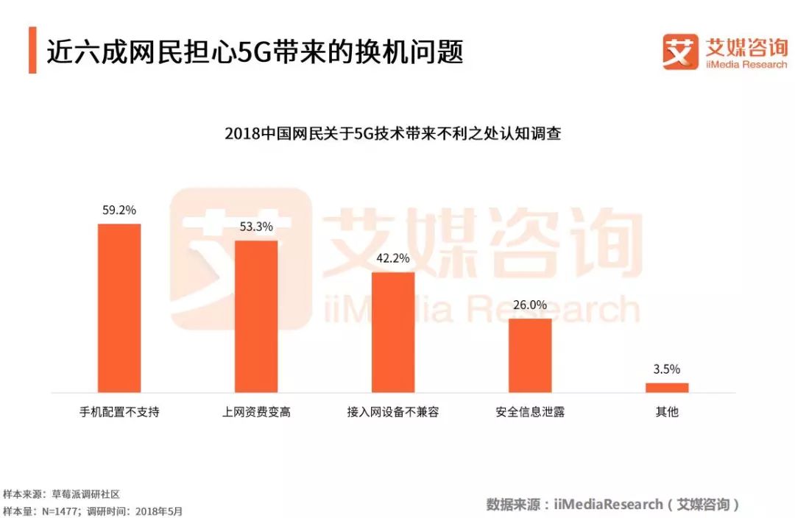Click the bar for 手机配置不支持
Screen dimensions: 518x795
pyautogui.click(x=119, y=308)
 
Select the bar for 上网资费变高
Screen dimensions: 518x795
pyautogui.click(x=256, y=316)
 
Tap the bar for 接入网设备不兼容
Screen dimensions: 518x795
pyautogui.click(x=393, y=332)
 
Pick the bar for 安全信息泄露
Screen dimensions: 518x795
pyautogui.click(x=530, y=355)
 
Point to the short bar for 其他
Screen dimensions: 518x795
pyautogui.click(x=667, y=387)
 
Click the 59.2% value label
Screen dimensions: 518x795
pyautogui.click(x=119, y=210)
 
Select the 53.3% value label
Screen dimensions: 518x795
pyautogui.click(x=256, y=227)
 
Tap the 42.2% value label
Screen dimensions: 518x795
pyautogui.click(x=393, y=258)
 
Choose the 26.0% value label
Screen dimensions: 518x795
pyautogui.click(x=530, y=305)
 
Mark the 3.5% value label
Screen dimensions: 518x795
pyautogui.click(x=667, y=369)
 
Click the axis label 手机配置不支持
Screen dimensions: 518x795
pyautogui.click(x=119, y=412)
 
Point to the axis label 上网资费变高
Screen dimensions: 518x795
pyautogui.click(x=256, y=412)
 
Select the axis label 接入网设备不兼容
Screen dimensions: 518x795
pyautogui.click(x=393, y=412)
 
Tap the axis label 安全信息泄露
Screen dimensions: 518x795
pyautogui.click(x=530, y=412)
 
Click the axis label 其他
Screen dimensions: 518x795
pyautogui.click(x=667, y=412)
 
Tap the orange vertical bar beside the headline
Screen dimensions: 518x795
pyautogui.click(x=32, y=50)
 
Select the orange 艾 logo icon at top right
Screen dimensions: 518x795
pyautogui.click(x=680, y=52)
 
